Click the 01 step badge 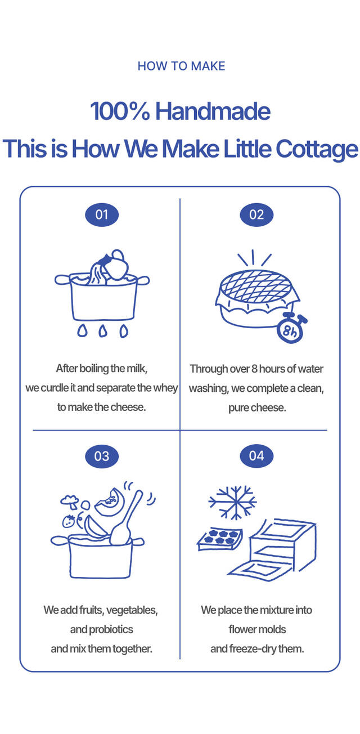pyautogui.click(x=102, y=214)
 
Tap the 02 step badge pyautogui.click(x=256, y=214)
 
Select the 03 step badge pyautogui.click(x=102, y=456)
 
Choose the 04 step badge pyautogui.click(x=256, y=456)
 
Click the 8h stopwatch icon pyautogui.click(x=290, y=329)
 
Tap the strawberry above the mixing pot pyautogui.click(x=69, y=521)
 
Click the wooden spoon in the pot pyautogui.click(x=126, y=518)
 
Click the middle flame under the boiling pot pyautogui.click(x=103, y=331)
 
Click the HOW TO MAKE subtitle pyautogui.click(x=181, y=66)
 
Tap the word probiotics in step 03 pyautogui.click(x=111, y=629)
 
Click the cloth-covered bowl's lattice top pyautogui.click(x=256, y=286)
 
